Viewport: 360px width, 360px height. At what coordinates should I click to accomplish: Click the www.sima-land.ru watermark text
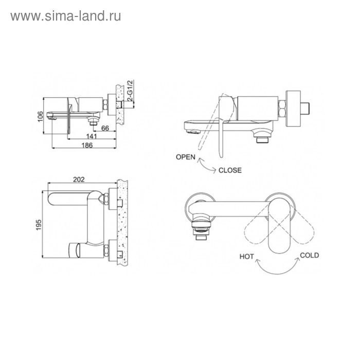[66, 16]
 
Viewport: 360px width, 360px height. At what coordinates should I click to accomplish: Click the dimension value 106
[40, 116]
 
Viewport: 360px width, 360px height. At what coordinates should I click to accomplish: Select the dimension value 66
[105, 128]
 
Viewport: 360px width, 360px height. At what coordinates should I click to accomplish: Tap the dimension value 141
[92, 136]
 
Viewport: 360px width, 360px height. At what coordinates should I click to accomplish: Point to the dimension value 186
[87, 146]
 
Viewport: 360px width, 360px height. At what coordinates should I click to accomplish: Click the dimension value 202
[79, 179]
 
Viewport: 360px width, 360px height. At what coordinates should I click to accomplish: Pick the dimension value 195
[39, 225]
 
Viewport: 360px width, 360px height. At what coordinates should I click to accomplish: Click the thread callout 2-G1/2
[130, 91]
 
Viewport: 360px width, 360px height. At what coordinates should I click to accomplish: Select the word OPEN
[186, 157]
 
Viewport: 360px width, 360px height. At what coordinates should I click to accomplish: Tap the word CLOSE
[230, 170]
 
